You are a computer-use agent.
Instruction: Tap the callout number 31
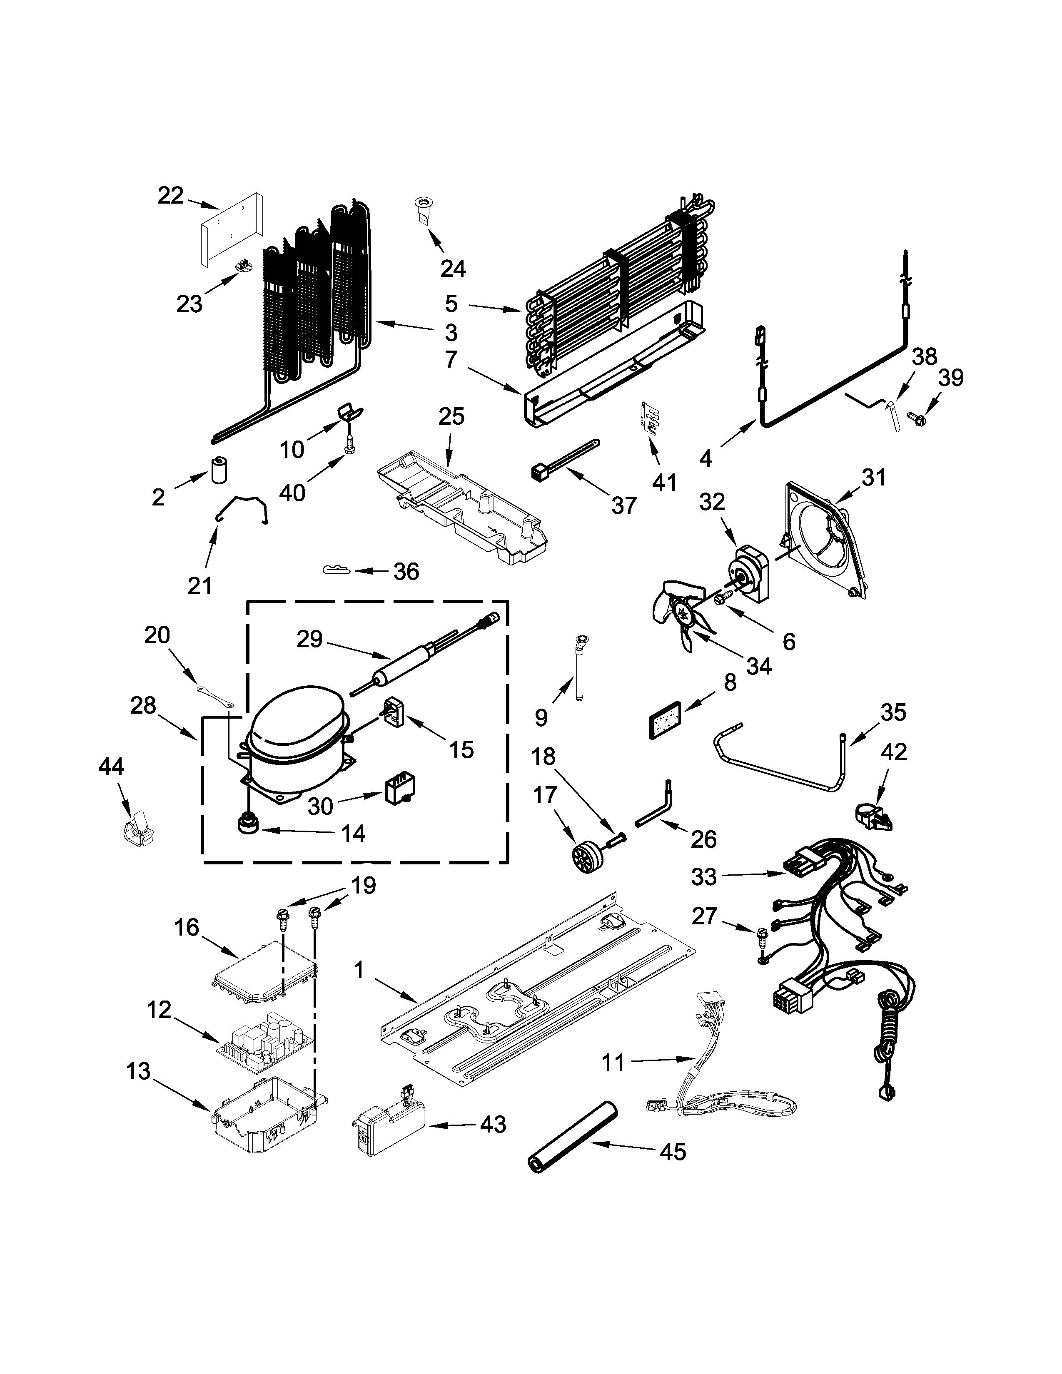(873, 478)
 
